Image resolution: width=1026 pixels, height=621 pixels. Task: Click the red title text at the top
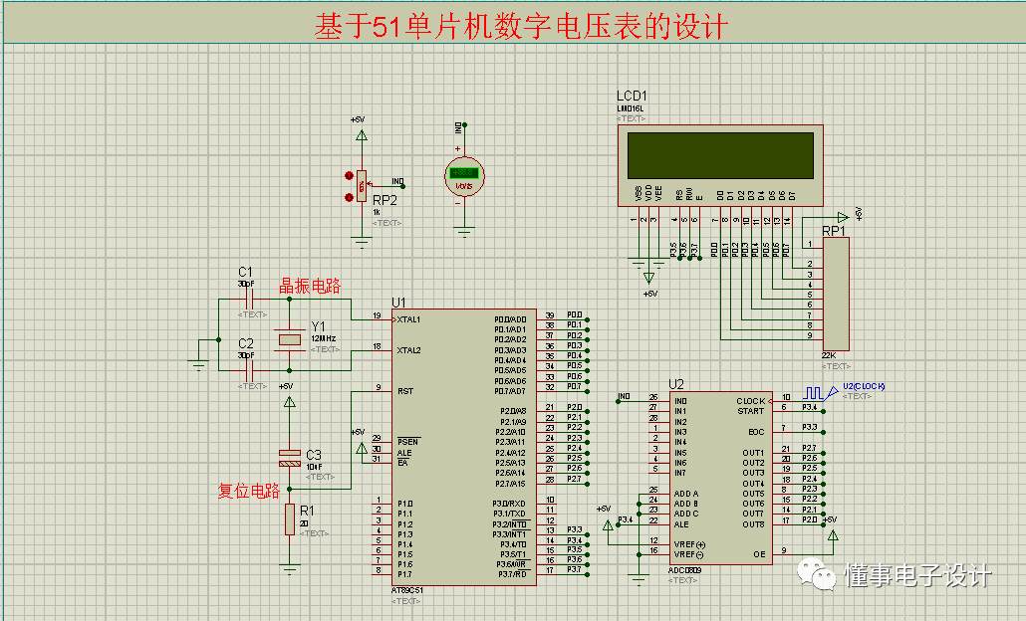tap(520, 26)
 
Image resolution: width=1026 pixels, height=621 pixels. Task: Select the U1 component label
tap(399, 303)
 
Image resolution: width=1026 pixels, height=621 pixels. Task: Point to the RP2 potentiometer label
tap(385, 200)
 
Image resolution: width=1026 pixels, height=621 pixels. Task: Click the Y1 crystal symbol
tap(289, 339)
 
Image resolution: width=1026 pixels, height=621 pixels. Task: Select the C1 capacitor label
tap(245, 272)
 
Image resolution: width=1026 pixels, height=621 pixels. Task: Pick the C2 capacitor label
tap(245, 343)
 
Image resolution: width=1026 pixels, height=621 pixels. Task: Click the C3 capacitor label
tap(314, 454)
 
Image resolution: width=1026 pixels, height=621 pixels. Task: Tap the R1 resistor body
tap(289, 518)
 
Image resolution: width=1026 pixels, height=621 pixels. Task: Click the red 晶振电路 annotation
tap(310, 287)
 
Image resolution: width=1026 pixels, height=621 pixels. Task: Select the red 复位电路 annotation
tap(249, 491)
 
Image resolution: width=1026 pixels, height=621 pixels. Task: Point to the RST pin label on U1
tap(405, 391)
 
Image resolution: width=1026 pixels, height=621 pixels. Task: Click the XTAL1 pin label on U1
tap(408, 319)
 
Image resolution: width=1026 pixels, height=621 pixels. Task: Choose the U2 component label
tap(676, 384)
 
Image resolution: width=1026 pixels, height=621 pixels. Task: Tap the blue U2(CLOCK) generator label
tap(864, 386)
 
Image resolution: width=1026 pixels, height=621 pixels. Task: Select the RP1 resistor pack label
tap(833, 232)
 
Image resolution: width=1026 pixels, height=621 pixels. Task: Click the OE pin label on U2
tap(758, 554)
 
